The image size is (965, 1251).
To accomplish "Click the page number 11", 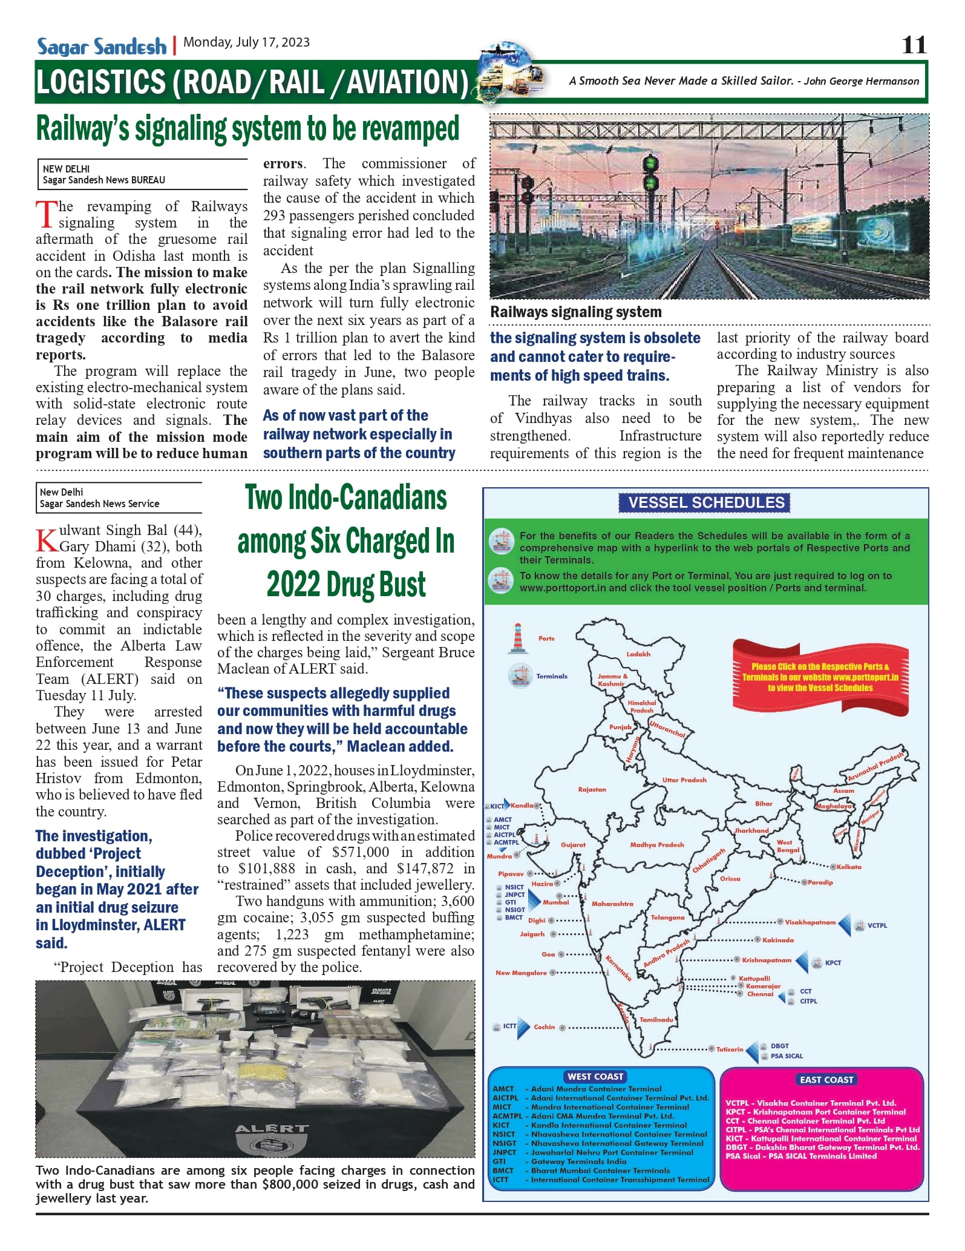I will pos(914,45).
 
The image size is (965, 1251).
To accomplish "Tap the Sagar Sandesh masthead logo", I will pos(102,47).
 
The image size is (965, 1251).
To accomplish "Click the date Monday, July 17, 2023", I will pos(246,42).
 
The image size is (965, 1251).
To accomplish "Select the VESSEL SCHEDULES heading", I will pos(706,502).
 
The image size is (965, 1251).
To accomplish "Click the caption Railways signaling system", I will pos(575,312).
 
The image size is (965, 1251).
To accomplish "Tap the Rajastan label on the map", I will pos(592,789).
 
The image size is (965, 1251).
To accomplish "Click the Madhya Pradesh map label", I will pos(657,844).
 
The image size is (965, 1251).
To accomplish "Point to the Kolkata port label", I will pos(849,867).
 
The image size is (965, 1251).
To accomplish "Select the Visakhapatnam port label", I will pos(810,922).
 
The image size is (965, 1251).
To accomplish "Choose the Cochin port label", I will pos(544,1027).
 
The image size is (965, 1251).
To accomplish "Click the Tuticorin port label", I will pos(730,1049).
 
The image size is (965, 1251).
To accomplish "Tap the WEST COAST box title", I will pos(595,1077).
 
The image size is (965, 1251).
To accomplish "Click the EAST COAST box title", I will pos(826,1080).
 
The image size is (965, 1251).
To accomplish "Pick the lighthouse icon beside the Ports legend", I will pos(518,638).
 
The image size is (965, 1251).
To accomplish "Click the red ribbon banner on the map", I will pos(820,677).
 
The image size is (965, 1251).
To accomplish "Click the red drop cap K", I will pos(47,540).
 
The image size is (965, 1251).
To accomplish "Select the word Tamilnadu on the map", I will pos(656,1020).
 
